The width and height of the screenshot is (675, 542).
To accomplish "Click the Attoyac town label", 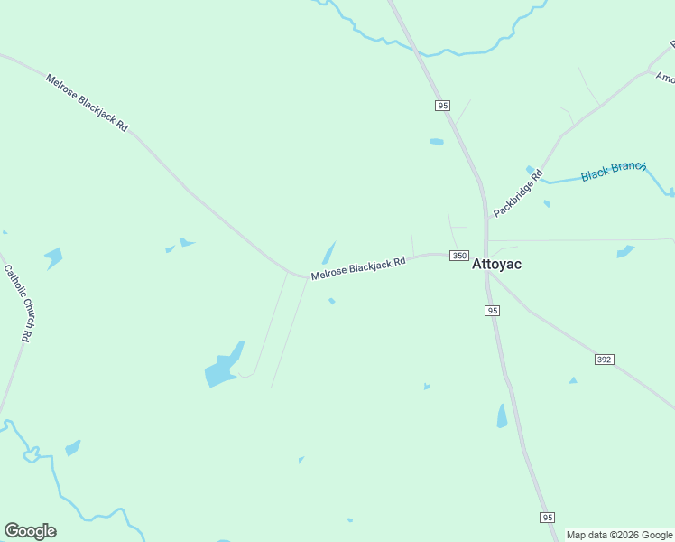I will [x=497, y=266].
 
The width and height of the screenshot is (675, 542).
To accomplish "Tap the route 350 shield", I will [x=459, y=257].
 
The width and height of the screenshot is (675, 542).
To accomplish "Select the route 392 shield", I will [x=605, y=360].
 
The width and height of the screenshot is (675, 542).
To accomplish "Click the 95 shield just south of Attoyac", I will [x=492, y=311].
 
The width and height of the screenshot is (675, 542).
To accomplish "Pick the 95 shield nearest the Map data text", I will [x=548, y=517].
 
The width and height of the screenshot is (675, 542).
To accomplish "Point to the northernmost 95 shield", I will [x=442, y=106].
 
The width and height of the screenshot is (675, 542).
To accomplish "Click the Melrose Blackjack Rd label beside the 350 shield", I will [x=358, y=267].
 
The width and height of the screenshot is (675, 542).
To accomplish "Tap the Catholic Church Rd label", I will [x=18, y=302].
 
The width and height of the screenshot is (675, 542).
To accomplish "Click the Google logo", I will [x=30, y=531].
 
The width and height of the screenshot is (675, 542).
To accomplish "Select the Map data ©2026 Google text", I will [x=620, y=535].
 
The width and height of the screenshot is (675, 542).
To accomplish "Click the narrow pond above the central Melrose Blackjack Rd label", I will [x=329, y=252].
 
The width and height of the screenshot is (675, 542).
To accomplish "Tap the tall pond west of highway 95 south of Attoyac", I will [x=502, y=416].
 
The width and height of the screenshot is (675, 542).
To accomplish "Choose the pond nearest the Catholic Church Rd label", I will [x=53, y=257].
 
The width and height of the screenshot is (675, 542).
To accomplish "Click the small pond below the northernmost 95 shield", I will [x=437, y=142].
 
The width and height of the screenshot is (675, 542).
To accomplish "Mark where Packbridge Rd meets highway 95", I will [x=488, y=218].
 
